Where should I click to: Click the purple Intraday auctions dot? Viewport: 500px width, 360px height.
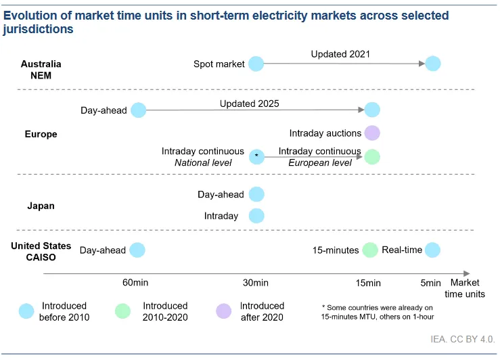pyautogui.click(x=372, y=133)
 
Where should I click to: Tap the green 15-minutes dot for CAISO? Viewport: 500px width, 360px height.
pyautogui.click(x=370, y=250)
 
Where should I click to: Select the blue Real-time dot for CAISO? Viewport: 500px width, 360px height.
pyautogui.click(x=432, y=250)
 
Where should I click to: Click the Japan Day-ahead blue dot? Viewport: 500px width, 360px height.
pyautogui.click(x=256, y=194)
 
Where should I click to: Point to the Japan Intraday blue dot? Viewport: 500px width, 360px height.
pyautogui.click(x=256, y=216)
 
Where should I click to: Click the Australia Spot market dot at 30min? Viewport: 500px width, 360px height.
pyautogui.click(x=256, y=64)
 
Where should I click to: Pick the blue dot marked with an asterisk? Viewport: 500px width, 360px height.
pyautogui.click(x=256, y=157)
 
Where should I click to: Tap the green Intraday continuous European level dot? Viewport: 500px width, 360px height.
pyautogui.click(x=372, y=157)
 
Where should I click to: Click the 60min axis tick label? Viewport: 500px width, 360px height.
pyautogui.click(x=135, y=282)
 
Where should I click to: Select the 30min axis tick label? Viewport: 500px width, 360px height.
pyautogui.click(x=256, y=283)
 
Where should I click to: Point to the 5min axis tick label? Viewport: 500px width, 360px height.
pyautogui.click(x=430, y=283)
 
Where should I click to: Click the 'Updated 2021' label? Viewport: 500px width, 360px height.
pyautogui.click(x=340, y=54)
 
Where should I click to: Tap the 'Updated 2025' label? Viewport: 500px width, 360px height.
pyautogui.click(x=250, y=104)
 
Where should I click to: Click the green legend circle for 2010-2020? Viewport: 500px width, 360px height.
pyautogui.click(x=122, y=311)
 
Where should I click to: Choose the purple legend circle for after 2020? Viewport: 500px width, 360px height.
pyautogui.click(x=223, y=311)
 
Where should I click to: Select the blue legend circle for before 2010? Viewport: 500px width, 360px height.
pyautogui.click(x=26, y=311)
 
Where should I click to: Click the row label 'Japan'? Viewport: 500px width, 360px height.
pyautogui.click(x=41, y=206)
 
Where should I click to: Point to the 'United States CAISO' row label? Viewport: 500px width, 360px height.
pyautogui.click(x=41, y=252)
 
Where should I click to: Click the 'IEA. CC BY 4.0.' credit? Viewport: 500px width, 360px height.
pyautogui.click(x=463, y=339)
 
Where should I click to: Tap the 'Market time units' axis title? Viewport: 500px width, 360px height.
pyautogui.click(x=465, y=288)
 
